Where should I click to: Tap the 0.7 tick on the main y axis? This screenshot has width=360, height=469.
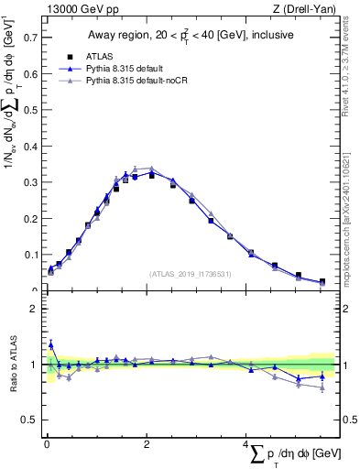(31, 38)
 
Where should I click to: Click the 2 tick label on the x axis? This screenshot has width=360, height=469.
(147, 444)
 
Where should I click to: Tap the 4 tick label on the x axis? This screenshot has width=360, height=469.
(246, 444)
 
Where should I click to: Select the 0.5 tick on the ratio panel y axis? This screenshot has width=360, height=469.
(31, 420)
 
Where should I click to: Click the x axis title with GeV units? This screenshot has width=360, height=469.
(299, 454)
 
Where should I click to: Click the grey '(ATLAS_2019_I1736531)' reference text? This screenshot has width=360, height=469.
(191, 273)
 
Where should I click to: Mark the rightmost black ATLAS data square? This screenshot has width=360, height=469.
(322, 282)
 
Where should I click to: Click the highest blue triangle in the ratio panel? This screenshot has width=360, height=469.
(50, 344)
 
